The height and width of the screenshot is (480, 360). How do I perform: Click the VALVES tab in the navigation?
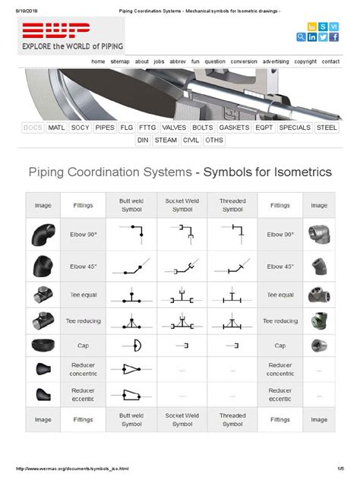point(173,128)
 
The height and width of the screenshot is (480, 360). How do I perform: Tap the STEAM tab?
point(166,141)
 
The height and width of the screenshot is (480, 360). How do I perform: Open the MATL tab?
point(56,128)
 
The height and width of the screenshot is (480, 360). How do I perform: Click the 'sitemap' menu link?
point(120,61)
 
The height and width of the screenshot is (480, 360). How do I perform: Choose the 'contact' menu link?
point(330,61)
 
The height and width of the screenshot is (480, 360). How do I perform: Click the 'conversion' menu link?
point(244,61)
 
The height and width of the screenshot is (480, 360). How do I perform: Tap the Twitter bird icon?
point(324,37)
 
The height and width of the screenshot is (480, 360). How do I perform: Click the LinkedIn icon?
point(313,37)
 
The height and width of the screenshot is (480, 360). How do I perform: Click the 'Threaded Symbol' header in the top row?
point(232,205)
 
